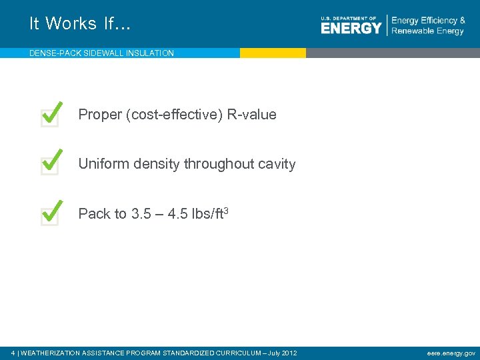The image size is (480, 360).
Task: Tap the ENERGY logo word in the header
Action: coord(351,27)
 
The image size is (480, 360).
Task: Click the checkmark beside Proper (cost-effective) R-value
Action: coord(52,114)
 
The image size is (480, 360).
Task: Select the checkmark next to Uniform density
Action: coord(52,163)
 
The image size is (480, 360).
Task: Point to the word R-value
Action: coord(251,115)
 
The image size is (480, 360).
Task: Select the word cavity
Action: coord(274,164)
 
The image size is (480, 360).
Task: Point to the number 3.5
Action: coord(142,214)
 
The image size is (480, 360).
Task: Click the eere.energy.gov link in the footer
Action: coord(451,352)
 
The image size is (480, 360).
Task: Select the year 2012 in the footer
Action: coord(289,353)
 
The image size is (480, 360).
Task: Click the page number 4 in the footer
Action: coord(14,353)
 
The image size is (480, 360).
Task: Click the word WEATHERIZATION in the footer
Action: coord(51,353)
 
